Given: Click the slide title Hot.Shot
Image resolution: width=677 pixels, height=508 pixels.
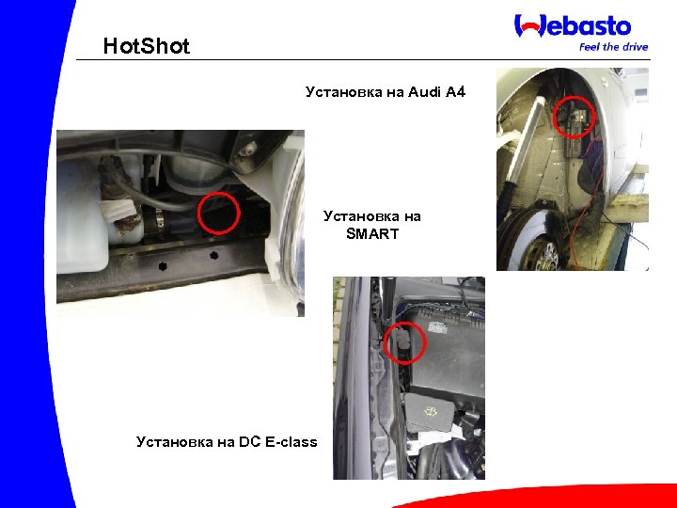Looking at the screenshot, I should click(x=146, y=46).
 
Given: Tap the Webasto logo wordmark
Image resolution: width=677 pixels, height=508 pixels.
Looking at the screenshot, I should click(x=573, y=25).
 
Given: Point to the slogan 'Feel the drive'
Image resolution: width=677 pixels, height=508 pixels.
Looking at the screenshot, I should click(x=613, y=46).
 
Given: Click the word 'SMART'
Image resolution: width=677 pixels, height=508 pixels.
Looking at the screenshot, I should click(x=372, y=233).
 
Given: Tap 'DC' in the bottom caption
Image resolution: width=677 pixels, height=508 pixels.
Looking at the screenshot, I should click(x=250, y=441).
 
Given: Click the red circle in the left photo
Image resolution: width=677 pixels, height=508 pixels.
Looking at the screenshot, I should click(x=219, y=213).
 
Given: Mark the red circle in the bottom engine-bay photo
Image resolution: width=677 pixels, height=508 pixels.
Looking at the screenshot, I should click(x=404, y=343).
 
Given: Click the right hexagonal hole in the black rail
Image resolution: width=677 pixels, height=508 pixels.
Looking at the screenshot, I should click(x=213, y=255).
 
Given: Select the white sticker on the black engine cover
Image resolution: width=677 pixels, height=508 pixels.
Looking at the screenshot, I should click(x=439, y=328).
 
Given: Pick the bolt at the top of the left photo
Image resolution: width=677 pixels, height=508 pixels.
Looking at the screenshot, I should click(x=247, y=147).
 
